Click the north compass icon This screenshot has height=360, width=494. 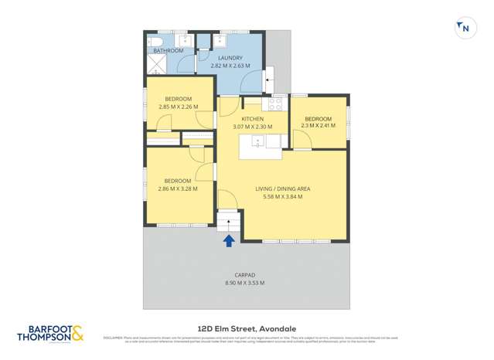465,28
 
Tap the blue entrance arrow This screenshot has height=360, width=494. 229,241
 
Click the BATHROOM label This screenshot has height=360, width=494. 168,51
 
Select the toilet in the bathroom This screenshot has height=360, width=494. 153,41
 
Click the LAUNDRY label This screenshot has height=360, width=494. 230,58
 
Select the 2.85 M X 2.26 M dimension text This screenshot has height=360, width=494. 178,107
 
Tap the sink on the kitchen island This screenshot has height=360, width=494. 259,141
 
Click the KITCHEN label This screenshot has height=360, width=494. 253,118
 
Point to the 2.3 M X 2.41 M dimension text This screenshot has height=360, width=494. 318,125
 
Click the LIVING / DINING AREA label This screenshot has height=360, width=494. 284,188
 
